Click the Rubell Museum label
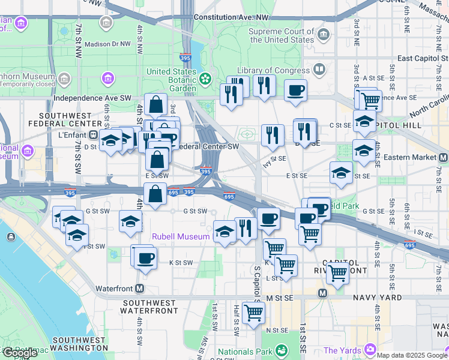click(180, 236)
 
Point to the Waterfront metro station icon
click(139, 288)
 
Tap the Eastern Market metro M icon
click(444, 157)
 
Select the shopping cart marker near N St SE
click(254, 312)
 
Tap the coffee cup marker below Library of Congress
click(295, 91)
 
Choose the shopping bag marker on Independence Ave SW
click(155, 104)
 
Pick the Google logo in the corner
click(19, 353)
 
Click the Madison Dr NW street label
click(107, 44)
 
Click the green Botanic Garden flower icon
click(205, 78)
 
